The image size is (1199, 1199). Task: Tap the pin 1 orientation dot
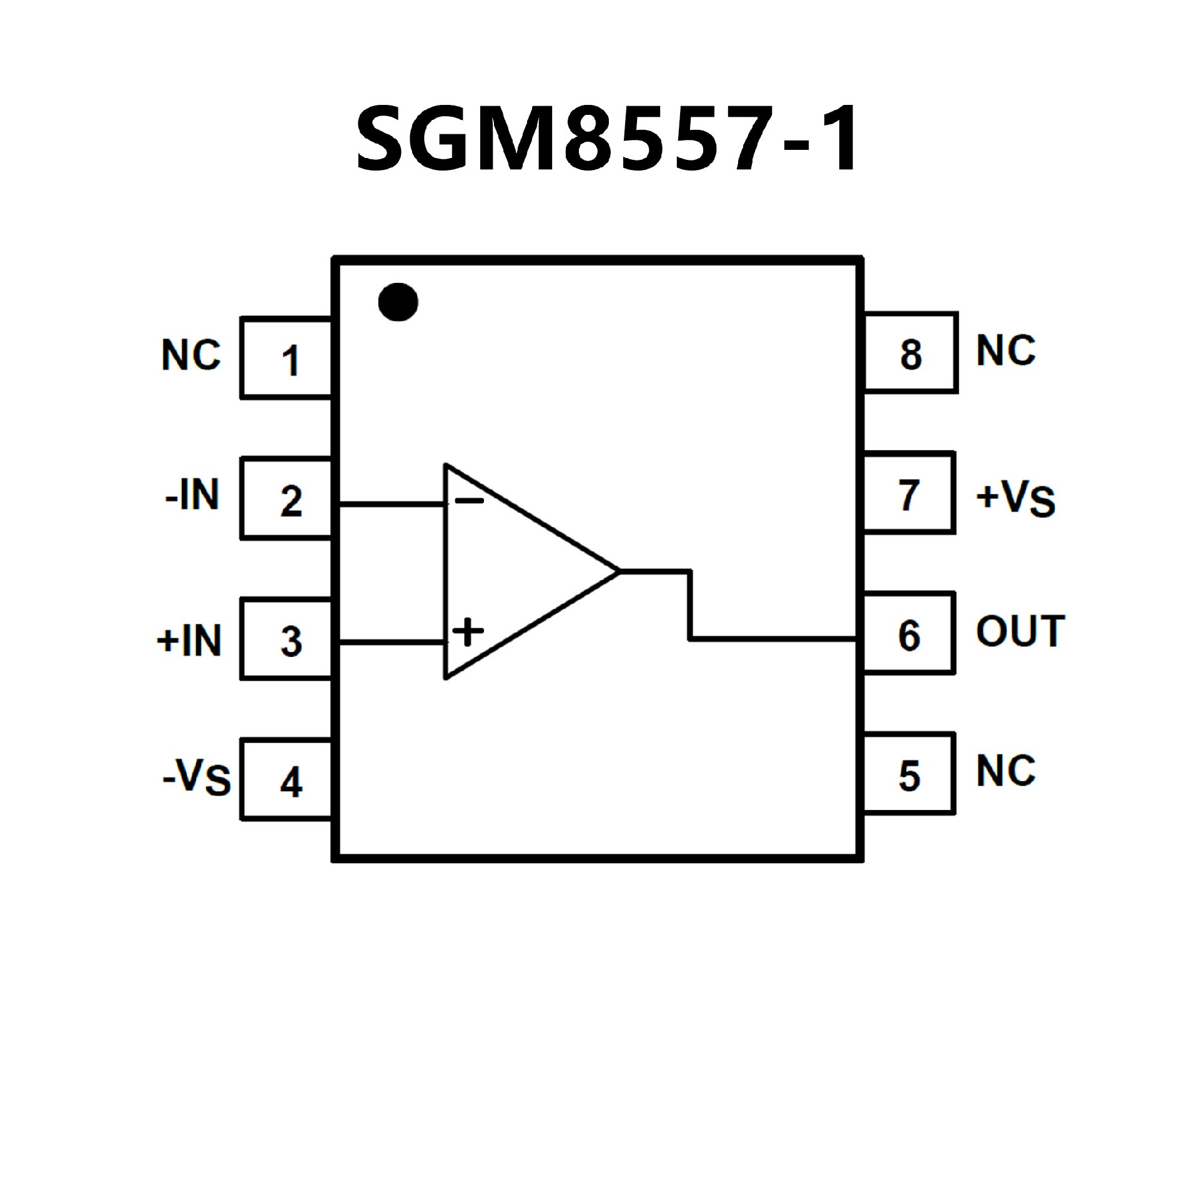[x=398, y=302]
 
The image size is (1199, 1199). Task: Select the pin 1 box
[x=287, y=358]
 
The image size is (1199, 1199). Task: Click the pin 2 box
[x=287, y=498]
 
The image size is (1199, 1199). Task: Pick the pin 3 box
[x=287, y=639]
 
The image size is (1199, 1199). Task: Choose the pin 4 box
[x=287, y=779]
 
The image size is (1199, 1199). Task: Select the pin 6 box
[x=909, y=633]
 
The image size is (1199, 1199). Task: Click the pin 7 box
[x=909, y=493]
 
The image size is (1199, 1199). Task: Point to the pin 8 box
[x=910, y=353]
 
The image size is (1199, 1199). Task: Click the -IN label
[x=192, y=495]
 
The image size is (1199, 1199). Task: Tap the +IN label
[x=189, y=640]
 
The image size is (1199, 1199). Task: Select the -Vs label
[x=196, y=777]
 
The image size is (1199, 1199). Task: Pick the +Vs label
[x=1015, y=498]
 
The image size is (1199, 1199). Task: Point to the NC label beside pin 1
[x=191, y=355]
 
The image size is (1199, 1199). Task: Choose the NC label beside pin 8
[x=1005, y=350]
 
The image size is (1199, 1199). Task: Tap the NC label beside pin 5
[x=1005, y=771]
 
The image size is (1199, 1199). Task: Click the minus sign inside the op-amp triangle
[x=468, y=500]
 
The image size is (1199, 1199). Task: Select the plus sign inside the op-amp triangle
[x=468, y=632]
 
